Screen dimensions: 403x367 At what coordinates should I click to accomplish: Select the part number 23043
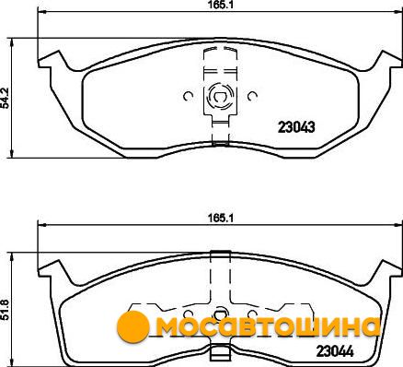point(296,126)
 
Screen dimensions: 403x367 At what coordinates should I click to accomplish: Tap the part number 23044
point(335,351)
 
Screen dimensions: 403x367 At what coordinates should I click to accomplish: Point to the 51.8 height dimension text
point(6,311)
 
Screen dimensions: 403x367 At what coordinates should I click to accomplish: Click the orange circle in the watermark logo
point(133,326)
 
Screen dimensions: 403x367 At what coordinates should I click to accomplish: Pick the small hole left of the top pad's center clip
point(188,97)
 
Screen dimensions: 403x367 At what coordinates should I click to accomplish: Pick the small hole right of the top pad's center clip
point(253,97)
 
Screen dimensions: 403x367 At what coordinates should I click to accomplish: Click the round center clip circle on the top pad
point(220,97)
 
